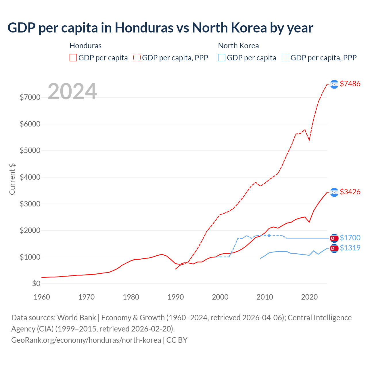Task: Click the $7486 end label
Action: [350, 84]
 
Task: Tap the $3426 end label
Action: [350, 192]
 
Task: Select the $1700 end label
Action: [350, 238]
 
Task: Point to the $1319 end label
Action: [350, 248]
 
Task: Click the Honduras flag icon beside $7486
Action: [334, 84]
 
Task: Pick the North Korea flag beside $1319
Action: [334, 248]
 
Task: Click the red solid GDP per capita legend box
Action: [73, 58]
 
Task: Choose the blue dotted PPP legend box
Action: [285, 58]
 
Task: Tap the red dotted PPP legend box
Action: [137, 58]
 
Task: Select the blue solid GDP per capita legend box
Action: [222, 58]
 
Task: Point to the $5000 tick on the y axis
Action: [30, 151]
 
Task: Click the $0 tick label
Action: [36, 284]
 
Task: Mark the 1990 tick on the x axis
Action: [176, 297]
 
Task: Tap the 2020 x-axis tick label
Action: [309, 297]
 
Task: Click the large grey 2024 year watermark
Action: [72, 91]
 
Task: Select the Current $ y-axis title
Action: [12, 179]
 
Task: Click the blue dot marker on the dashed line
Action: [269, 236]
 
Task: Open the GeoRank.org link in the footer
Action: [86, 340]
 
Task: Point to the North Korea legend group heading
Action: [238, 46]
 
